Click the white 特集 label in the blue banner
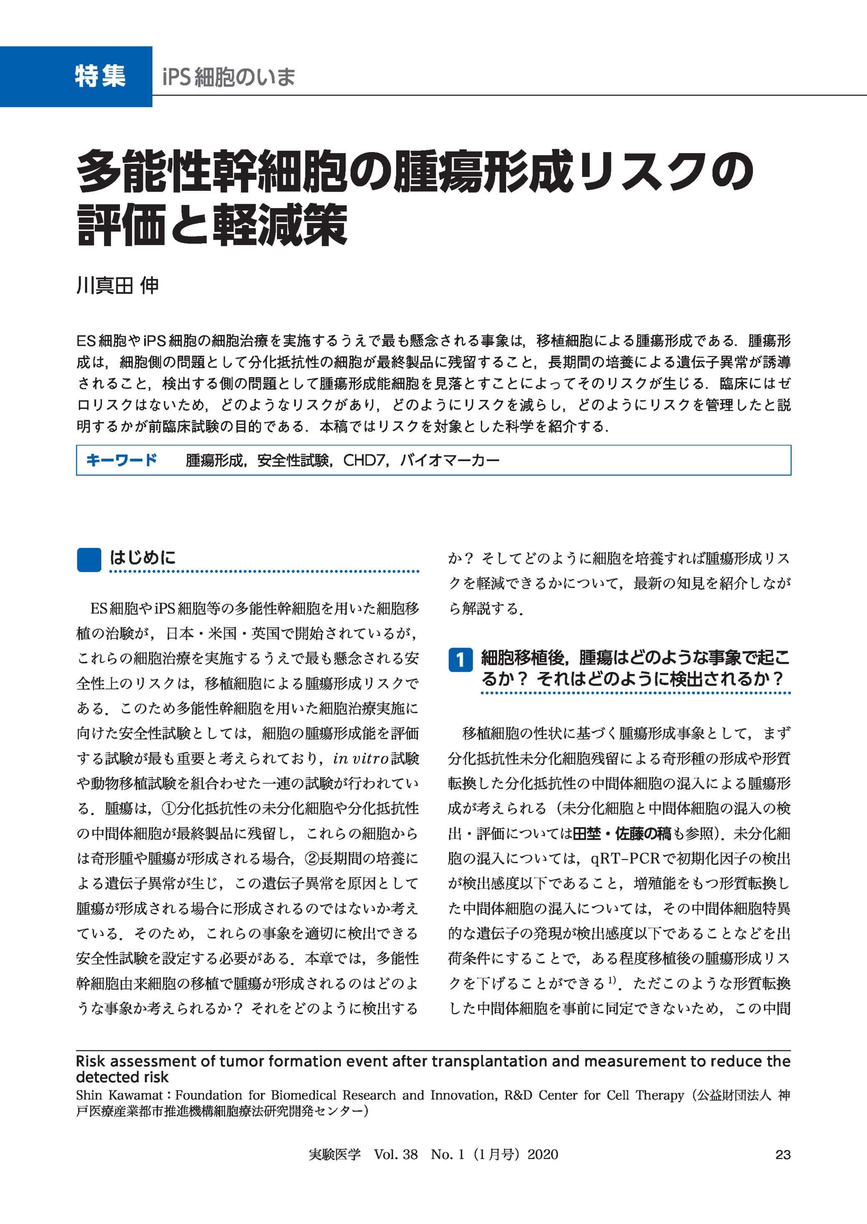(x=100, y=76)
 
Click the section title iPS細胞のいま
(x=228, y=77)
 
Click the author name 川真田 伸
(x=117, y=286)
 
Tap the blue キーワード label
(x=122, y=460)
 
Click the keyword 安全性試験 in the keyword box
(x=293, y=460)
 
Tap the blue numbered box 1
(x=460, y=660)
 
